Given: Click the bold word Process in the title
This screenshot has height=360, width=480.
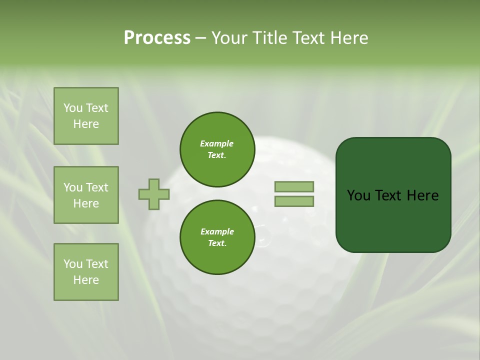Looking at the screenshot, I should (x=157, y=38).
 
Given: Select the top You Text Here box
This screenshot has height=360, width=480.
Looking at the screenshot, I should (x=86, y=116).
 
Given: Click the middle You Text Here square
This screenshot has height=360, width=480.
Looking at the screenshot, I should (x=86, y=195).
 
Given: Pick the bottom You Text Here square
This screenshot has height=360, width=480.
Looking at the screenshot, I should (x=86, y=272).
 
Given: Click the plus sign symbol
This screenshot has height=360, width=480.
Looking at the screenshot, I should (x=154, y=194).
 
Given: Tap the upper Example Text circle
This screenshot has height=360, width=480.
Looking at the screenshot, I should (x=217, y=149).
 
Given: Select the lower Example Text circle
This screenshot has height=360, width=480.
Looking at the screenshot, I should (x=217, y=237).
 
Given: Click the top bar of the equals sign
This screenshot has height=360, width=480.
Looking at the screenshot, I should (x=294, y=186).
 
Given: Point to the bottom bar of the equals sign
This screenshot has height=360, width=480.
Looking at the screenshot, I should (x=294, y=201).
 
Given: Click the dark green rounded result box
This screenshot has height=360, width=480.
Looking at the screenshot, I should (x=393, y=220).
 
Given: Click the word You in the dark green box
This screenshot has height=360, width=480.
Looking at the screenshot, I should (x=359, y=195).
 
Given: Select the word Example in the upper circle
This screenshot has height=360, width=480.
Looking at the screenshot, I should (x=217, y=144).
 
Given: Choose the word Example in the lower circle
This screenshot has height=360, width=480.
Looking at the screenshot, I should (x=217, y=232).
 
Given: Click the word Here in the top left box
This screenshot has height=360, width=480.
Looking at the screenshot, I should (x=86, y=124).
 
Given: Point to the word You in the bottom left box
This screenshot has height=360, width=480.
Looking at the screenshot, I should (x=72, y=264).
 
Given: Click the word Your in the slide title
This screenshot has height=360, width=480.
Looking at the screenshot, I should (x=229, y=38).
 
